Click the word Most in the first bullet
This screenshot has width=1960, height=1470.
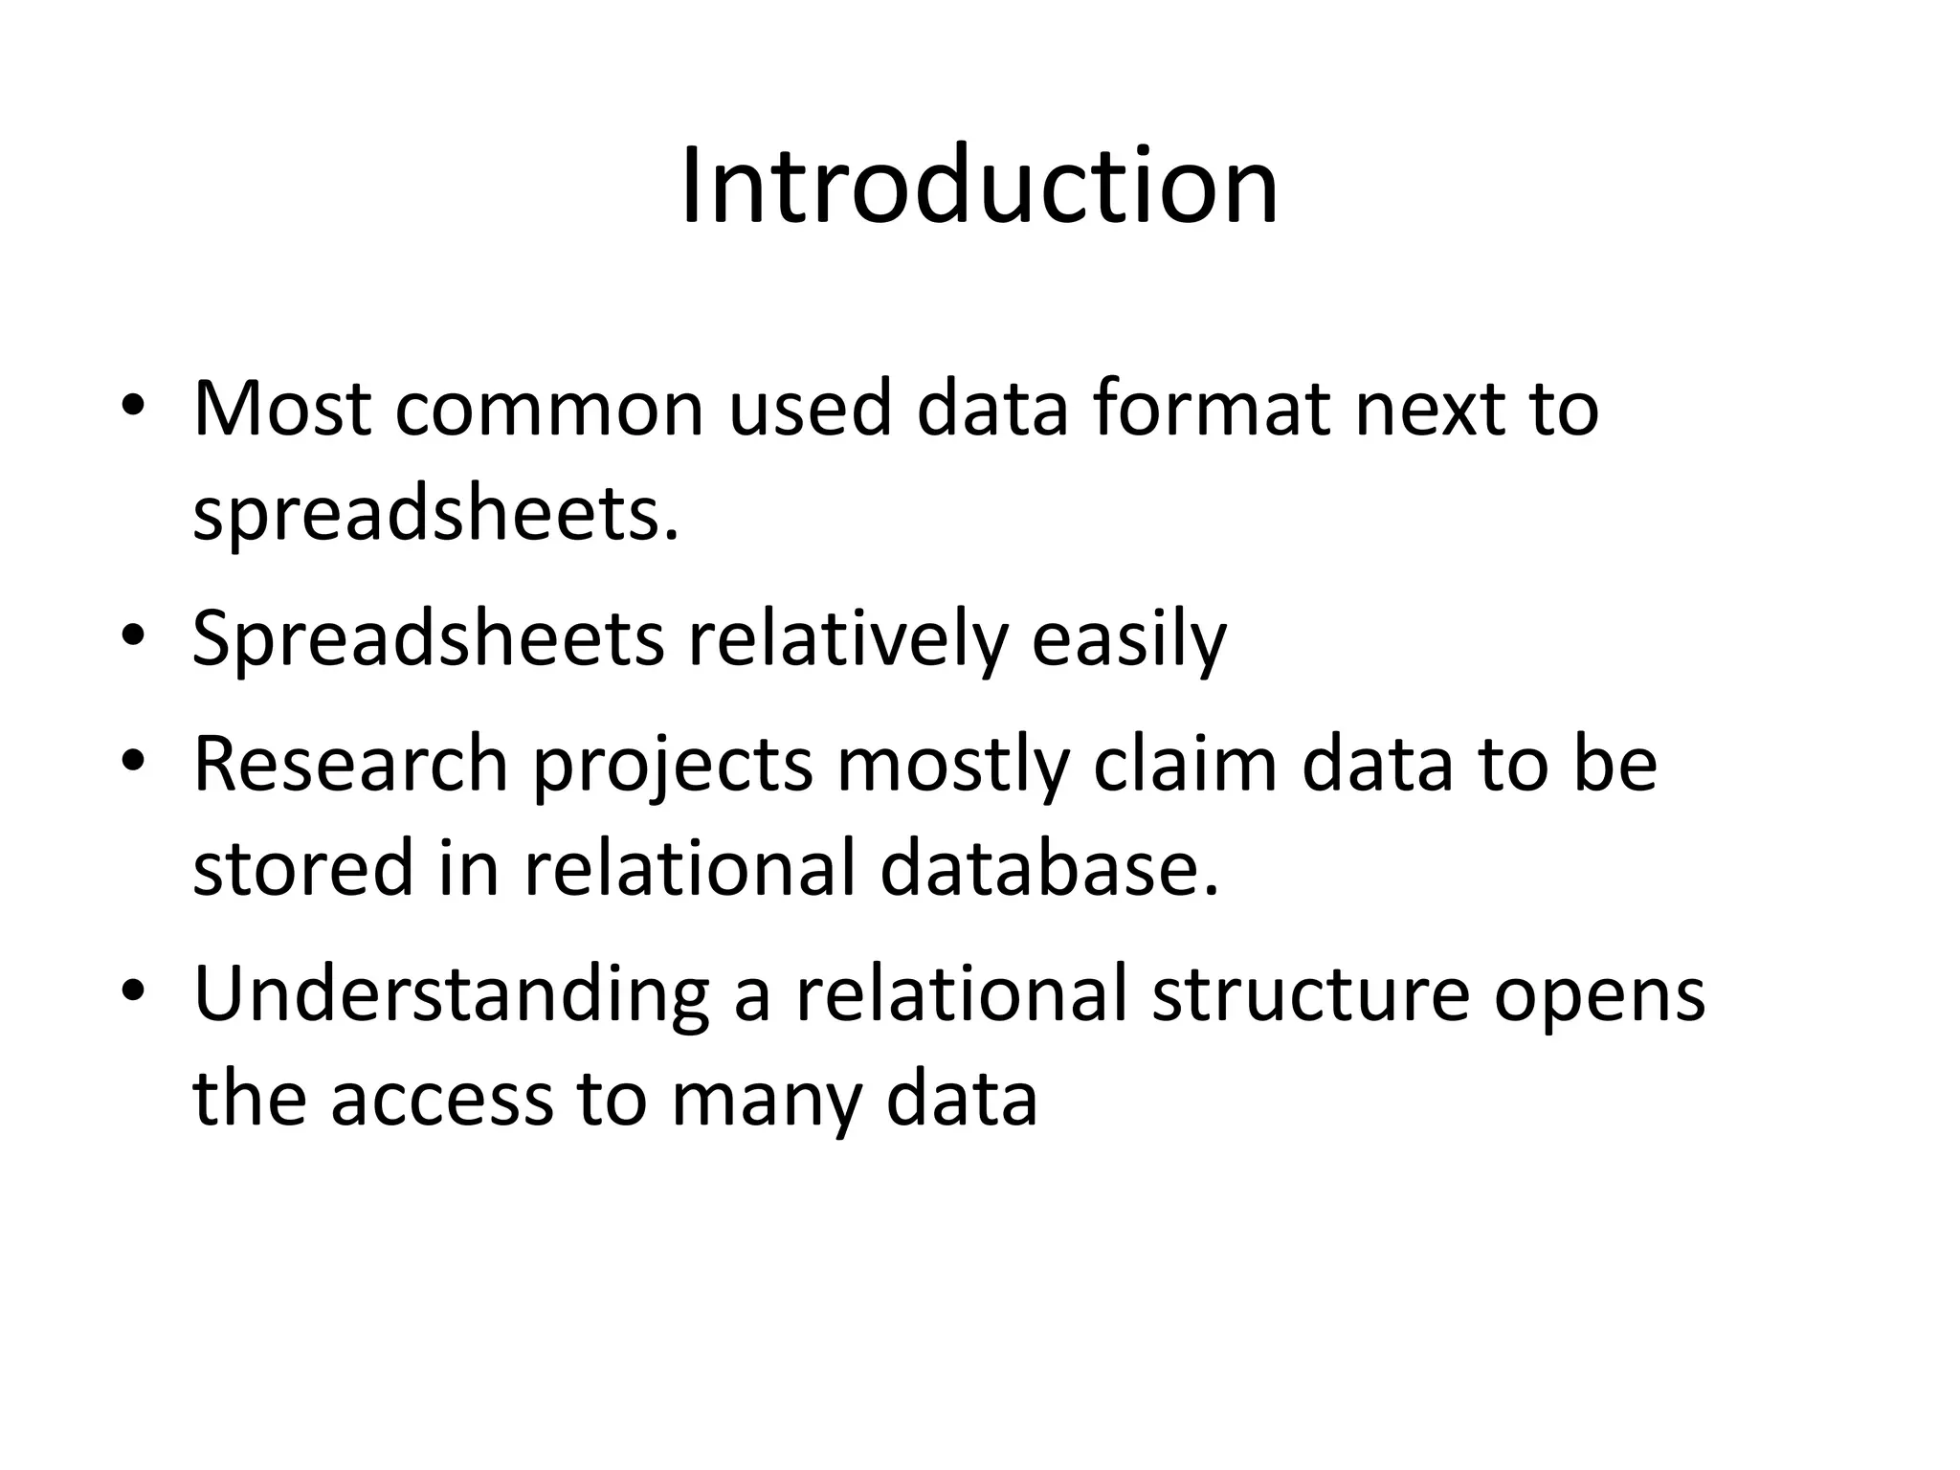pyautogui.click(x=281, y=409)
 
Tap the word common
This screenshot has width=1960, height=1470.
pyautogui.click(x=548, y=409)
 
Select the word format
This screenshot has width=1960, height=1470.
pyautogui.click(x=1212, y=409)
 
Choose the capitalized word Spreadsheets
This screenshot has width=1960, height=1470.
pyautogui.click(x=428, y=639)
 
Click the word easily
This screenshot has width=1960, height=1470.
pyautogui.click(x=1128, y=639)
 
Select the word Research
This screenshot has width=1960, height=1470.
pyautogui.click(x=350, y=765)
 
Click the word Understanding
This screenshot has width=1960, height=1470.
pyautogui.click(x=451, y=995)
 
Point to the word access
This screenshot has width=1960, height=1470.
pyautogui.click(x=442, y=1100)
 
